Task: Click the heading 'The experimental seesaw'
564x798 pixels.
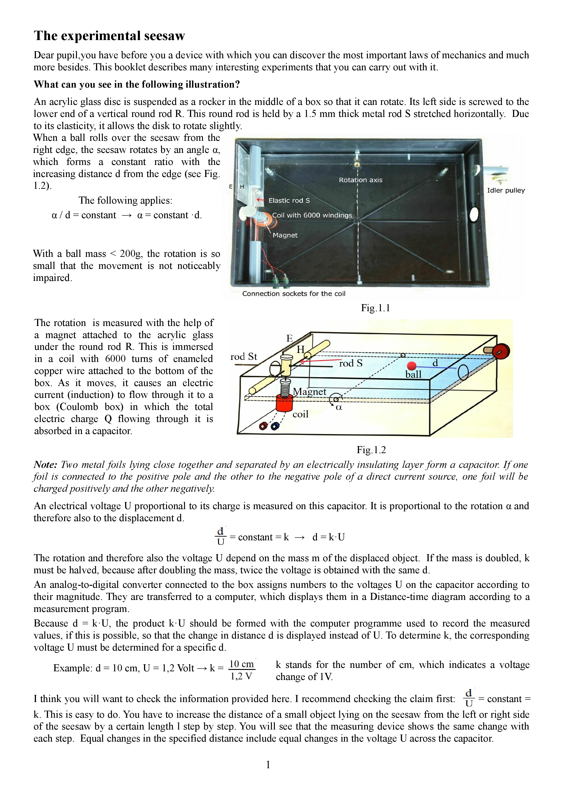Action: (109, 36)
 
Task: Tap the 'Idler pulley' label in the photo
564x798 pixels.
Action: (506, 190)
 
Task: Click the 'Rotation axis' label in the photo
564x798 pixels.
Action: (360, 180)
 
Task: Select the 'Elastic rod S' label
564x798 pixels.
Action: (289, 201)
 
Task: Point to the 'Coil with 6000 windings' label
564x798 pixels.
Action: (312, 215)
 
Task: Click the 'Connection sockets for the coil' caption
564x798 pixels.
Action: (294, 294)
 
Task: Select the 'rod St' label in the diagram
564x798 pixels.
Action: (244, 357)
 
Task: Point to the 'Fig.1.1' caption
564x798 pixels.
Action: (375, 308)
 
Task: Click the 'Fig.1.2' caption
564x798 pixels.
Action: (371, 450)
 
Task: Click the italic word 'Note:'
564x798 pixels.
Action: (45, 465)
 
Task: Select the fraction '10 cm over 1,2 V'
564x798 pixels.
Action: (242, 670)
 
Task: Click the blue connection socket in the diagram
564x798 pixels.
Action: (275, 426)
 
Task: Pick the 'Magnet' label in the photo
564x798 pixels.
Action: (285, 235)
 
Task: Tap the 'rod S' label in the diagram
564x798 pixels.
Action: (351, 364)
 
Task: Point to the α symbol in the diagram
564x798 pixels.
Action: (339, 407)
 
